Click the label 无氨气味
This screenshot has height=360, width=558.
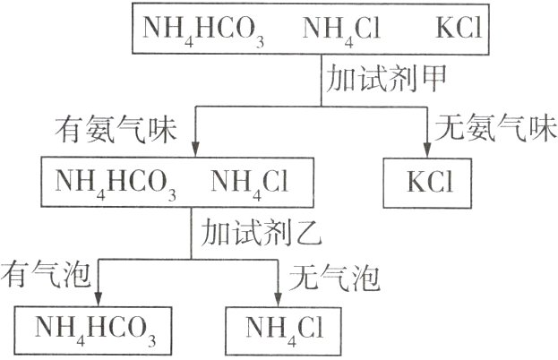(x=490, y=131)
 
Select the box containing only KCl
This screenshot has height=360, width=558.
(x=430, y=182)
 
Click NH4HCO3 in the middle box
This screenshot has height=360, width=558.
(x=116, y=182)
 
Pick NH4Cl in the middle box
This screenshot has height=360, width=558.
(x=252, y=182)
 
